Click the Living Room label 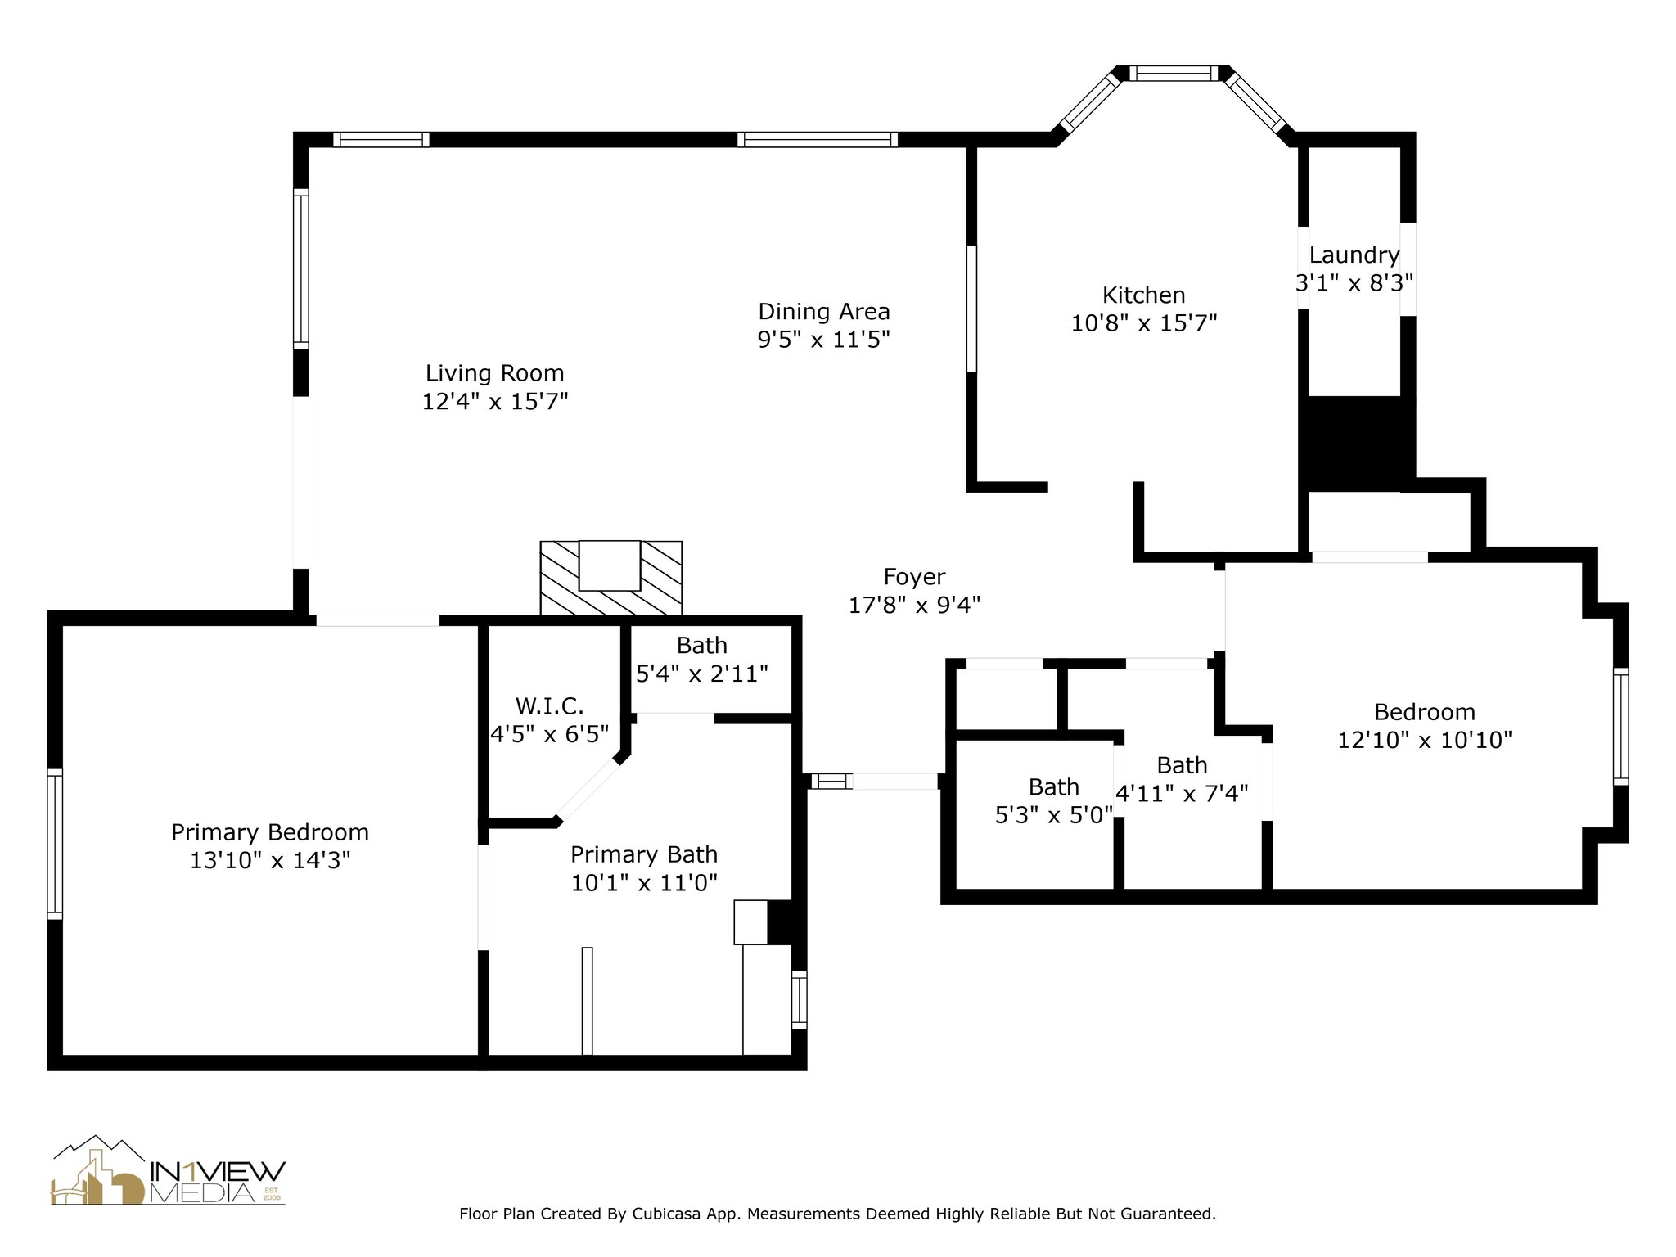[x=494, y=373]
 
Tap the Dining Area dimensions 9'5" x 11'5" [x=823, y=339]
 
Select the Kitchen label [x=1143, y=295]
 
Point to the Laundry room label [x=1354, y=255]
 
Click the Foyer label [x=914, y=577]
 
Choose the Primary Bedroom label [x=270, y=832]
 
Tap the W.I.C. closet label [x=549, y=705]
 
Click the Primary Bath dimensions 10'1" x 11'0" [x=644, y=882]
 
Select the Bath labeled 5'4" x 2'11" [x=702, y=646]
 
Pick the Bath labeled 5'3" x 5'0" [x=1054, y=787]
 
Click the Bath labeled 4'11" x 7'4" [x=1183, y=765]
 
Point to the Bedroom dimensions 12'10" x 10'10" [x=1425, y=740]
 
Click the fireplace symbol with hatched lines [x=610, y=578]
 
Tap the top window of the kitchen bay [x=1174, y=74]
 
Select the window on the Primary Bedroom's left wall [x=55, y=844]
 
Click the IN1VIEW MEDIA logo [x=169, y=1170]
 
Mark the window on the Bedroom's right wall [x=1620, y=727]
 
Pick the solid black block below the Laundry [x=1358, y=444]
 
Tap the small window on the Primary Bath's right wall [x=800, y=999]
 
